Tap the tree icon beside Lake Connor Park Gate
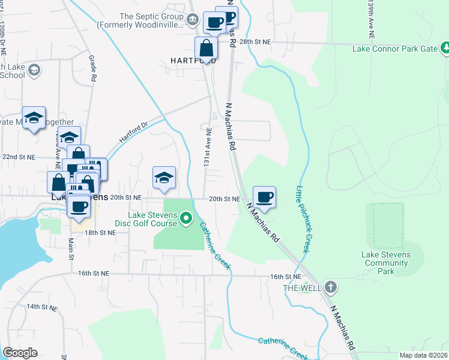tap(445, 47)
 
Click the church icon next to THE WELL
tap(330, 287)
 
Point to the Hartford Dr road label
tap(133, 130)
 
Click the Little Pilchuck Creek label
tap(303, 219)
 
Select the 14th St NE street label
tap(41, 307)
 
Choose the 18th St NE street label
tap(99, 232)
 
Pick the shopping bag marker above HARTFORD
tap(206, 47)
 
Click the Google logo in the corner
tap(19, 353)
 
